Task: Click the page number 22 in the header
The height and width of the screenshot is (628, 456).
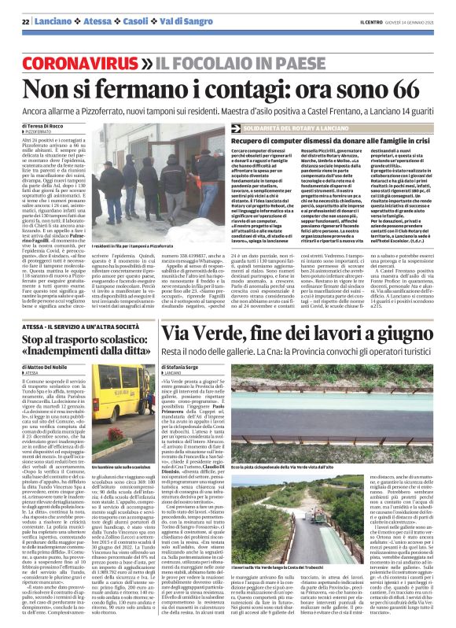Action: click(x=25, y=21)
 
